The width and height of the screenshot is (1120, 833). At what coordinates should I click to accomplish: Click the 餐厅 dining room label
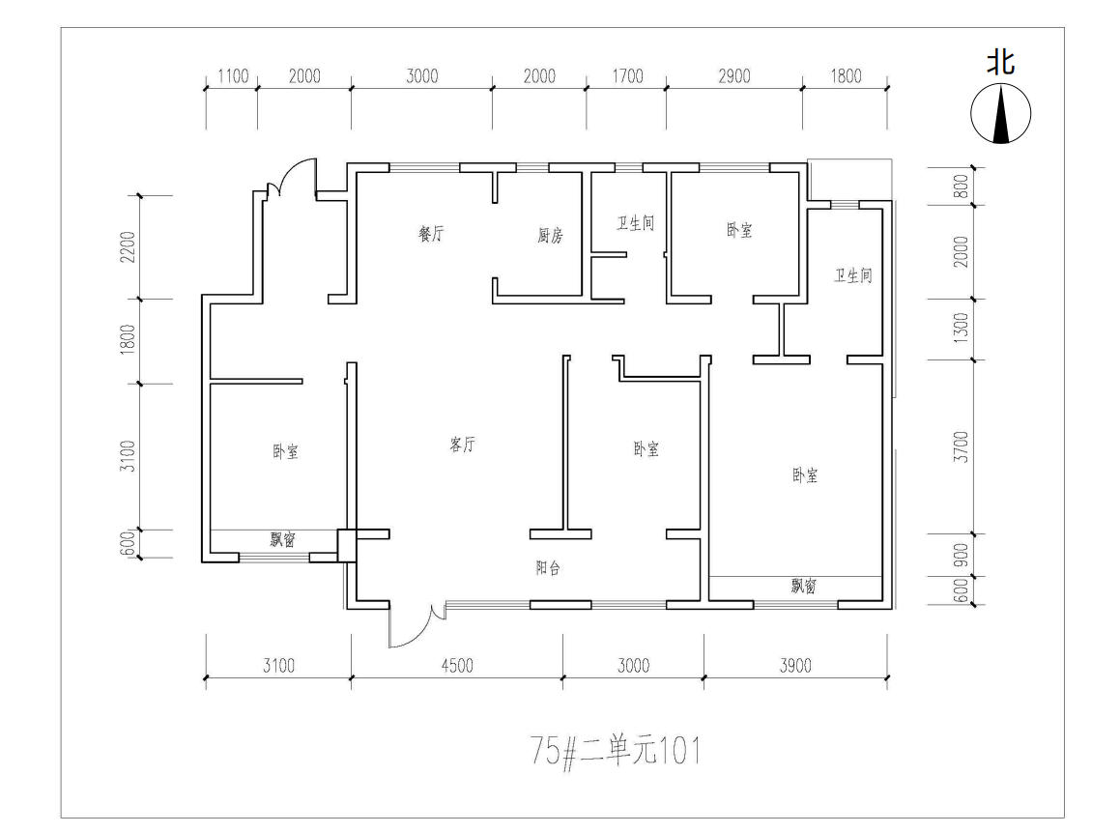pos(431,233)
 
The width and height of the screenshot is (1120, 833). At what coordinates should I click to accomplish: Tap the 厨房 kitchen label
pos(550,234)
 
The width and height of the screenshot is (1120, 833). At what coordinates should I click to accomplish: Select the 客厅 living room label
pos(462,445)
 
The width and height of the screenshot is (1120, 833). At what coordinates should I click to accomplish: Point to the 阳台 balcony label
pos(548,568)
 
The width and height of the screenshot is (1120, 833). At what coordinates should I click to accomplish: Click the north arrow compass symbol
pos(1001,113)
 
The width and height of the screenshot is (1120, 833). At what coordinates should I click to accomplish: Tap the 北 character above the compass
pos(1001,62)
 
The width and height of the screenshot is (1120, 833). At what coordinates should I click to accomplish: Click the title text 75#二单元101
pos(616,751)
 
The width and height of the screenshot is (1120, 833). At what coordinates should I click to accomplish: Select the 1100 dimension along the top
pos(233,75)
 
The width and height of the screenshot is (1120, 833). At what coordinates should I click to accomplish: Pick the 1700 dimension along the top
pos(627,75)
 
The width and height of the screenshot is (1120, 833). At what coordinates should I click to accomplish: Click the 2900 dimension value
pos(734,75)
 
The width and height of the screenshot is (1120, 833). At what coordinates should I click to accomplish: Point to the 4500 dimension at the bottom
pos(457,666)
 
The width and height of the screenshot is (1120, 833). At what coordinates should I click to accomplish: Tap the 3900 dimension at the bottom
pos(795,666)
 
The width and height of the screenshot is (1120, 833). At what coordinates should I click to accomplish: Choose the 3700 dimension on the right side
pos(962,446)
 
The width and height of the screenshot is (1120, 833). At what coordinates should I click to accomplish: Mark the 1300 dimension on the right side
pos(962,328)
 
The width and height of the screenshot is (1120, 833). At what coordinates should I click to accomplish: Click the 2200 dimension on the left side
pos(128,246)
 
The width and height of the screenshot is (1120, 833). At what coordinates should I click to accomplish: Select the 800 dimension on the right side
pos(962,187)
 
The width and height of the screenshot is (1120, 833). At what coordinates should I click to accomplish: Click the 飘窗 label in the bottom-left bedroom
pos(283,539)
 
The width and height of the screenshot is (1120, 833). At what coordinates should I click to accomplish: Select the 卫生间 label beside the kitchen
pos(636,223)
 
